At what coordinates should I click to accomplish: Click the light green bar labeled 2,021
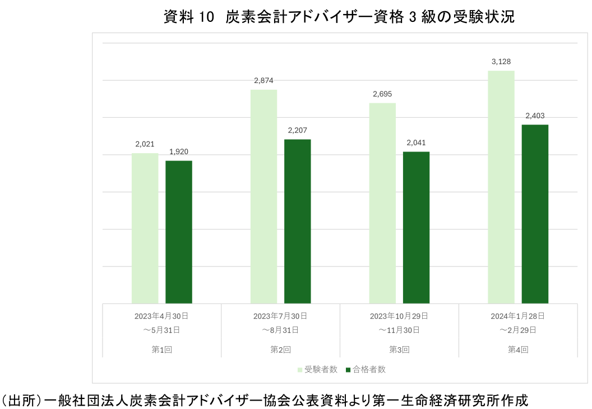coord(145,228)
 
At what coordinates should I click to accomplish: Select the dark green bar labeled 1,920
coord(179,232)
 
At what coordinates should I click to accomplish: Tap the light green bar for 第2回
coord(263,196)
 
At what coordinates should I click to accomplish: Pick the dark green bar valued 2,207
coord(297,221)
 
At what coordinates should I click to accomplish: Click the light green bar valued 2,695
coord(382,203)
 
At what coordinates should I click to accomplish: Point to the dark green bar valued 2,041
coord(416,227)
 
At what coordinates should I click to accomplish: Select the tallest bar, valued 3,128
coord(501,187)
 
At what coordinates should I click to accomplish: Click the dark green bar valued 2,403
coord(535,214)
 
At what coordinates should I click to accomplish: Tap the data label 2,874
coord(263,81)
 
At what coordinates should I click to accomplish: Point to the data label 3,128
coord(501,62)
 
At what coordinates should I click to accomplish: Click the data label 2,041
coord(416,143)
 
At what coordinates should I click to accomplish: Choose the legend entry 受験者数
coord(317,369)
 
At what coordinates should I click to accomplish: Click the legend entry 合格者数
coord(366,369)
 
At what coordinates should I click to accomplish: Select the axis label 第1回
coord(161,349)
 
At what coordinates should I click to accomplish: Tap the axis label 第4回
coord(518,349)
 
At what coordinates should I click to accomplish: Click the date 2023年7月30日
coord(280,315)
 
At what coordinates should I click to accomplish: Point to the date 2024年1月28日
coord(518,315)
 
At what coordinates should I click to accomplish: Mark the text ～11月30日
coord(399,329)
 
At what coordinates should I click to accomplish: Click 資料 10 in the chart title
coord(189,17)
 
